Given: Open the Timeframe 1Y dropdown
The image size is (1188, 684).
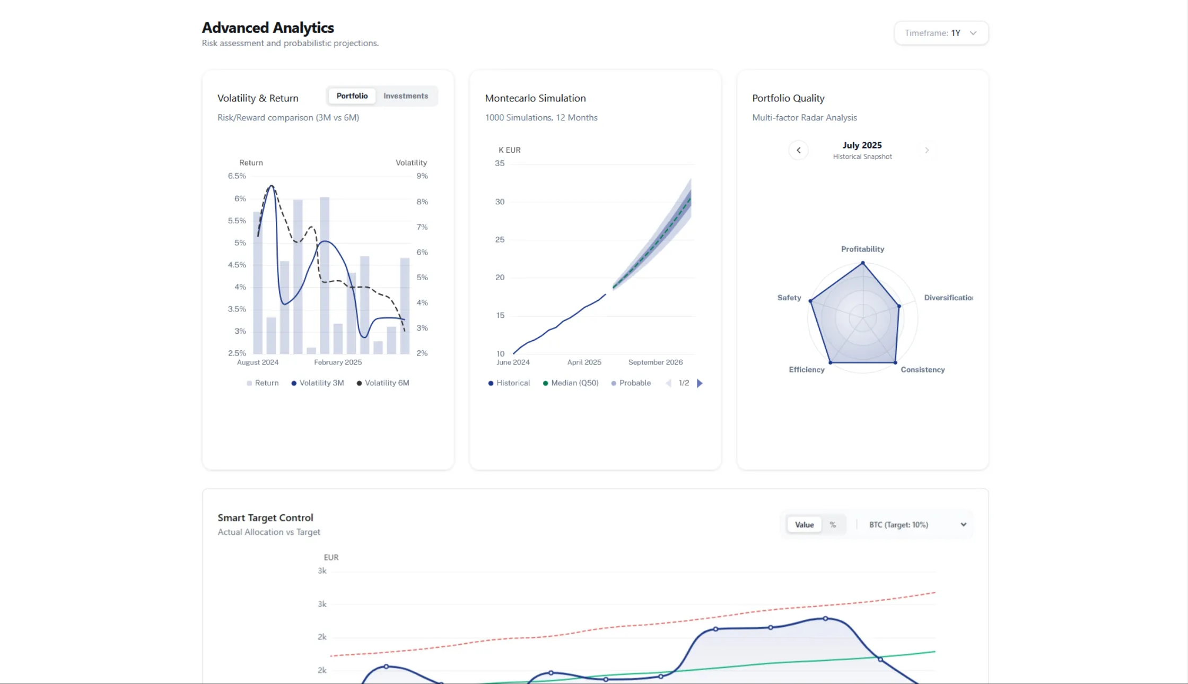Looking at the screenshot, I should pos(941,33).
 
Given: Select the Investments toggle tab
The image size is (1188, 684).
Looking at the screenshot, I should pos(405,96).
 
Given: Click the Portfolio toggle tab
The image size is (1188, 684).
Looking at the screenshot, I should pos(352,96).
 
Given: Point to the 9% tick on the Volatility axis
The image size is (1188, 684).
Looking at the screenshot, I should pos(422,176).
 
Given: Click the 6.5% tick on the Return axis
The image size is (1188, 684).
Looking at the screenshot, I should pos(237,176).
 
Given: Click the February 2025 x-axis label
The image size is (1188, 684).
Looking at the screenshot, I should pos(337,362).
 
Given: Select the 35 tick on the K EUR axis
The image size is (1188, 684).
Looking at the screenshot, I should pos(500,163).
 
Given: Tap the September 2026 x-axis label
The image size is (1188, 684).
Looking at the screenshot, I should pos(655,362).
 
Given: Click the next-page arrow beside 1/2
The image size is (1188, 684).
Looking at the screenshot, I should pos(700,383).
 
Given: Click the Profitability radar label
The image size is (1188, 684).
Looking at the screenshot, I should pos(862,249).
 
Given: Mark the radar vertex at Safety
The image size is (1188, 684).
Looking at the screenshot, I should pos(810,301).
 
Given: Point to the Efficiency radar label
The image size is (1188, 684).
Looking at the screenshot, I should pos(806,370).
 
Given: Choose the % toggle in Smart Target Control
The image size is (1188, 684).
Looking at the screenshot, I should pos(833,525).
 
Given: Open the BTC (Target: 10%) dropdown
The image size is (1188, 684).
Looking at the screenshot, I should pos(916,525).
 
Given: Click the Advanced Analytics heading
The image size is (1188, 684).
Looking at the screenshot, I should pos(268,28).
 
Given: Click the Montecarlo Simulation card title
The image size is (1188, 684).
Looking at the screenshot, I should pos(535,98).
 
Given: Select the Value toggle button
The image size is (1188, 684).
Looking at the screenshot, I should pos(804,525).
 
